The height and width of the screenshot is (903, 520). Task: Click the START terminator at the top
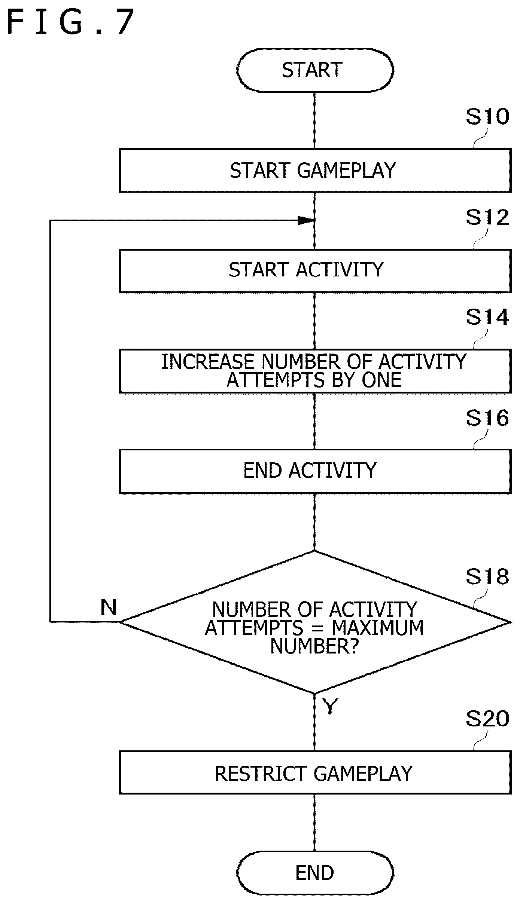[x=315, y=70]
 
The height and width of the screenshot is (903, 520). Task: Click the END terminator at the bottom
[x=315, y=873]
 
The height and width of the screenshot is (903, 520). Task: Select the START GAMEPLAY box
[x=315, y=171]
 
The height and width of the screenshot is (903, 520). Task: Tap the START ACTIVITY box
[x=315, y=271]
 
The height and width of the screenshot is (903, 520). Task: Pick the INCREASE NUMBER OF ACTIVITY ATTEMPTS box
[x=315, y=371]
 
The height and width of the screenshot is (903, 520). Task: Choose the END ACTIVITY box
[x=315, y=471]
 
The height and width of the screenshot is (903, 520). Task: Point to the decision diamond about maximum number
[x=315, y=622]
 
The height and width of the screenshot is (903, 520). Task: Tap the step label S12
[x=487, y=217]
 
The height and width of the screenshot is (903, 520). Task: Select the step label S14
[x=487, y=317]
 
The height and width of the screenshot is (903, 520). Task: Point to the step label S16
[x=487, y=418]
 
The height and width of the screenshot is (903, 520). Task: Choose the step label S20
[x=487, y=719]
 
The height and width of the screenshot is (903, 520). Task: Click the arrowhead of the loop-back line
[x=306, y=221]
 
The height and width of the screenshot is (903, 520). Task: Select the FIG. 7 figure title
[x=70, y=22]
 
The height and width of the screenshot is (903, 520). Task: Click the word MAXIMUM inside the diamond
[x=377, y=628]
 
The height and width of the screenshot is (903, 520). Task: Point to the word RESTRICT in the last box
[x=261, y=774]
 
